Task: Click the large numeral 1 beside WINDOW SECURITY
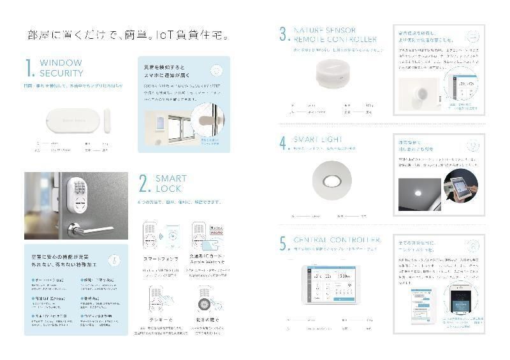pos(29,68)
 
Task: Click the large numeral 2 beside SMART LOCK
pos(144,184)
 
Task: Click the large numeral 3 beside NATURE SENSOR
pos(283,34)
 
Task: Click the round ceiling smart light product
pos(331,181)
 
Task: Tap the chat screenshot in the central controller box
pos(421,304)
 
